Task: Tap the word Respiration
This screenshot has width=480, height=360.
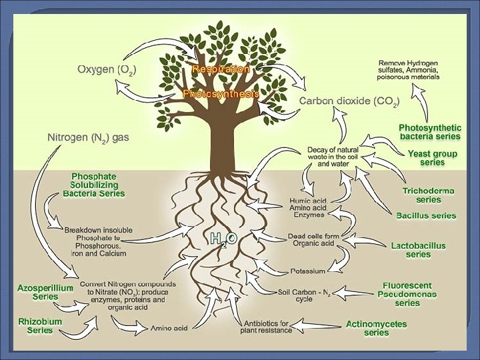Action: click(x=221, y=69)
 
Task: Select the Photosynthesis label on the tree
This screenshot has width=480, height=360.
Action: click(x=221, y=94)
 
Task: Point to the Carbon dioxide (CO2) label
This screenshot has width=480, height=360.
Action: click(x=349, y=101)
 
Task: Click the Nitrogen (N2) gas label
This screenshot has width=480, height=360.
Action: click(x=88, y=137)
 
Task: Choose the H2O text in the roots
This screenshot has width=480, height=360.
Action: click(x=223, y=239)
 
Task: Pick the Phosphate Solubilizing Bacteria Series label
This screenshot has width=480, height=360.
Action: click(x=94, y=185)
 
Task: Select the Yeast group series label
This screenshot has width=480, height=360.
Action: click(x=433, y=157)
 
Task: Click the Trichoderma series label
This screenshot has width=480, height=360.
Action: click(x=428, y=195)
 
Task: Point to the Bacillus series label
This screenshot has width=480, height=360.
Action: click(x=426, y=215)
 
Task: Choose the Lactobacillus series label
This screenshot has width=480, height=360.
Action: click(x=419, y=250)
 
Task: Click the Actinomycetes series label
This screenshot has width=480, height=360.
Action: click(x=377, y=328)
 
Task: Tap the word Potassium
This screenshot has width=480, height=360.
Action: click(x=307, y=271)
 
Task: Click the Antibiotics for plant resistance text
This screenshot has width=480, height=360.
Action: click(x=267, y=327)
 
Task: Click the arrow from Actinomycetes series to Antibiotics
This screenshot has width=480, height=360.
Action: click(x=318, y=326)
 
